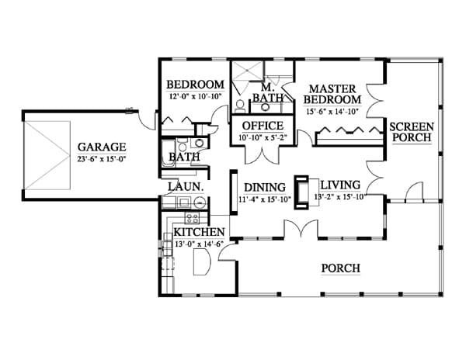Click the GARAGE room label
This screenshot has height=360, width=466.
tap(102, 147)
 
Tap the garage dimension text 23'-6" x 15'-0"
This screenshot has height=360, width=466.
tap(102, 159)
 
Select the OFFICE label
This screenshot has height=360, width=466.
tap(263, 126)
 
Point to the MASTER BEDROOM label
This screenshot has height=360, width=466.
tap(332, 94)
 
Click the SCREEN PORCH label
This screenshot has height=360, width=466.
tap(412, 132)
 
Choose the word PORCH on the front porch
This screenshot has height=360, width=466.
tap(341, 268)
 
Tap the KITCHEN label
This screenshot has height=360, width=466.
tap(199, 232)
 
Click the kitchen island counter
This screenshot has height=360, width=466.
tap(202, 261)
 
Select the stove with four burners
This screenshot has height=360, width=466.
tap(192, 218)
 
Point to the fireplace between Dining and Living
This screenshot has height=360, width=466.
tap(301, 192)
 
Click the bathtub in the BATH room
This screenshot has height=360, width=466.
tap(169, 154)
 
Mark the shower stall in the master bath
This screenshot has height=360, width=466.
tap(248, 71)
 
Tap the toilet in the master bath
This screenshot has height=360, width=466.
tap(240, 106)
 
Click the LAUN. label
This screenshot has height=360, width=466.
tap(186, 187)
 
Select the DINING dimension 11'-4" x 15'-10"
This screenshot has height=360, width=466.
tap(265, 199)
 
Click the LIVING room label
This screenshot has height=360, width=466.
tap(340, 185)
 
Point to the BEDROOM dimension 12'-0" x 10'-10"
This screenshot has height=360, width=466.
tap(196, 96)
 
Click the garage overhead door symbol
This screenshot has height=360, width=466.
tap(47, 155)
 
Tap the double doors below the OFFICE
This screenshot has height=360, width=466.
tap(263, 154)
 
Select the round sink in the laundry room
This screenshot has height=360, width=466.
tap(200, 202)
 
